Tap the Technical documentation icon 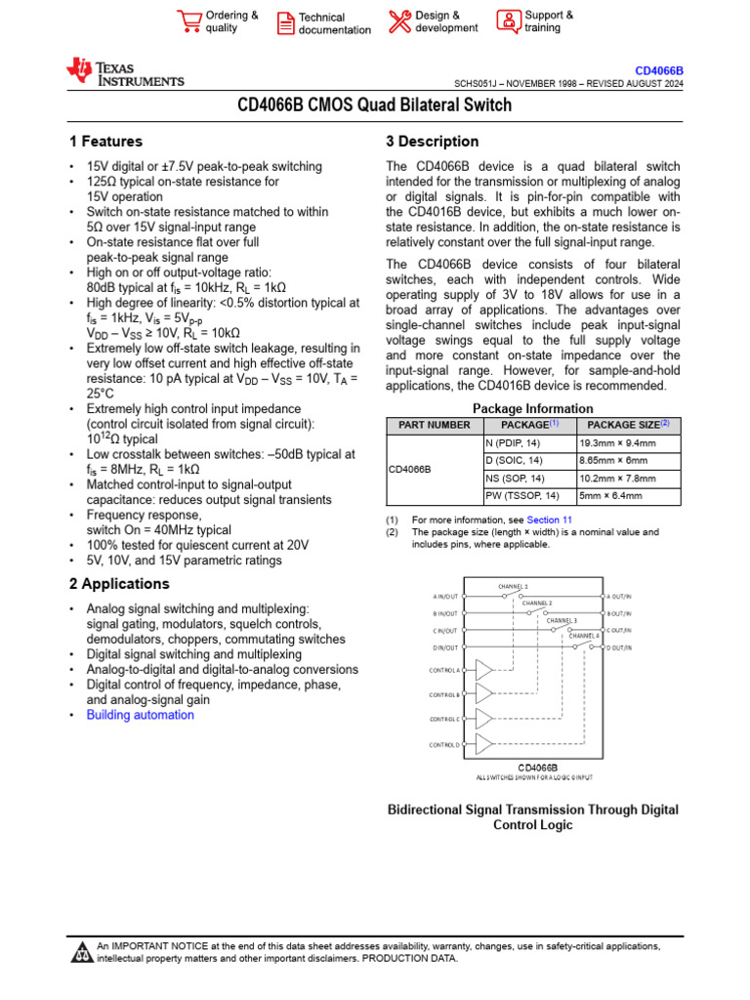pos(284,22)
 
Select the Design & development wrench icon pos(399,21)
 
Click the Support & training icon pos(508,21)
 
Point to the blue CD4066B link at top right pos(659,71)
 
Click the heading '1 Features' pos(105,142)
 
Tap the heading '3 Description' pos(433,142)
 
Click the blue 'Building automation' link pos(141,715)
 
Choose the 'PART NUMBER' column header pos(435,425)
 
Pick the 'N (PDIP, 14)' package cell pos(513,442)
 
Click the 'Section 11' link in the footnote pos(550,521)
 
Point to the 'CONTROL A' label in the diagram pos(444,670)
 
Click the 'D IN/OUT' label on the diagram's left pos(445,647)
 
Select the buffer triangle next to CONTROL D pos(484,744)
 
